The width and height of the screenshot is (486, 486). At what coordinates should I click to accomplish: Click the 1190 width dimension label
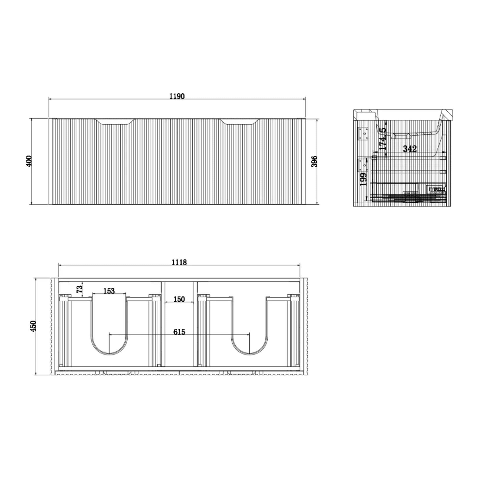tap(177, 96)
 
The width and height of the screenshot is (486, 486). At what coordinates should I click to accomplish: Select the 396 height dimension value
tap(314, 161)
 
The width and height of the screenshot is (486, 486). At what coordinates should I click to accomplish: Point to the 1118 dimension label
tap(179, 262)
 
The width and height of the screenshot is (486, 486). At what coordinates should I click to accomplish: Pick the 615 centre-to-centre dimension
tap(179, 332)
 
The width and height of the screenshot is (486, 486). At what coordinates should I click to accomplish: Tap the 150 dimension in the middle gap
tap(179, 299)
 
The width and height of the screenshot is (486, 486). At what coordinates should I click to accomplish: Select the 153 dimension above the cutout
tap(109, 291)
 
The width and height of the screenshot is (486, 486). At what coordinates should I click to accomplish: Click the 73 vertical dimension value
tap(79, 289)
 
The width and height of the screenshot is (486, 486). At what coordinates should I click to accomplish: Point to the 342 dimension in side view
tap(410, 149)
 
